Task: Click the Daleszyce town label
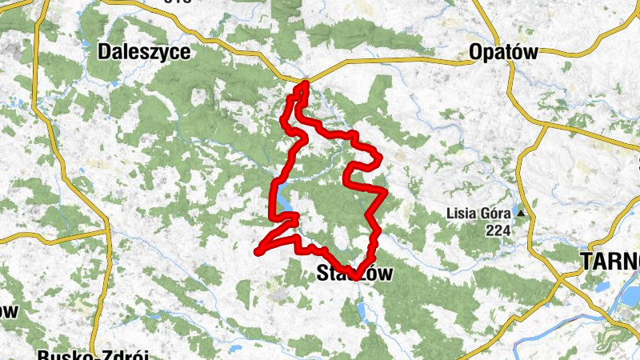click(x=144, y=53)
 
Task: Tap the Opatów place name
click(x=503, y=53)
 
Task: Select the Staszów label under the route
click(x=350, y=274)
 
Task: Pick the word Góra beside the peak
click(x=497, y=214)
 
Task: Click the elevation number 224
click(x=498, y=230)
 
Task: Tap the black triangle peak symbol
click(x=521, y=214)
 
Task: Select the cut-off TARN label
click(x=610, y=262)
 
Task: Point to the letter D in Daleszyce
click(x=104, y=53)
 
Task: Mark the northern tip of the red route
click(x=304, y=82)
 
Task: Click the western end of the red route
click(x=258, y=252)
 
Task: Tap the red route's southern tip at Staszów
click(x=354, y=277)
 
